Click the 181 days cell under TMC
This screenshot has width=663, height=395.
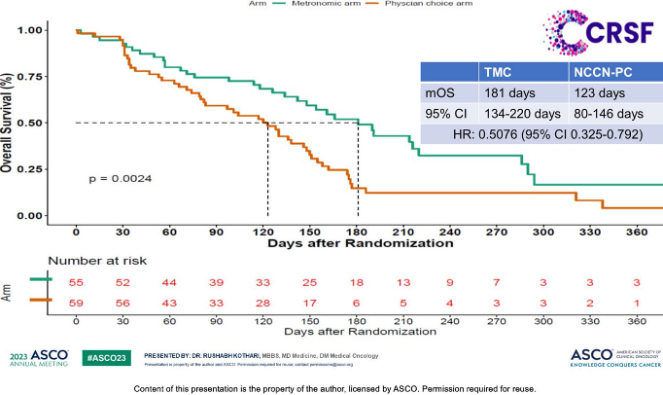tap(509, 93)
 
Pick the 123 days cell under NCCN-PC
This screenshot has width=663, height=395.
tap(597, 93)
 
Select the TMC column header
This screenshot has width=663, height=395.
tap(500, 72)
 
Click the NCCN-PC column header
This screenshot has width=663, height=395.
tap(600, 72)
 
